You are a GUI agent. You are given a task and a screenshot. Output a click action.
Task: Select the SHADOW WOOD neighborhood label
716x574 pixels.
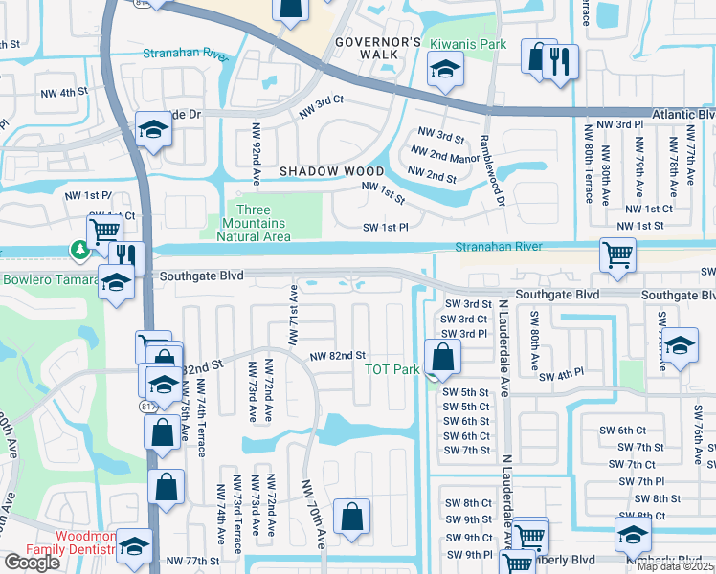(331, 171)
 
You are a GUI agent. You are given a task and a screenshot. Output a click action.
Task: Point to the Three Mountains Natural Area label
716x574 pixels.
(253, 223)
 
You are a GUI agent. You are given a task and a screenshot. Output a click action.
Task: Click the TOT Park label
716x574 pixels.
(392, 369)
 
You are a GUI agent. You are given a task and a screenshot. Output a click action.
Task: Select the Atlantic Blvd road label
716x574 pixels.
(683, 114)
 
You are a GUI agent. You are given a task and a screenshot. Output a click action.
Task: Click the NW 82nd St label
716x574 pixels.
(338, 356)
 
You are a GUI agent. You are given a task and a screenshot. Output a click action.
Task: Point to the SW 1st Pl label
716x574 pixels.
(386, 228)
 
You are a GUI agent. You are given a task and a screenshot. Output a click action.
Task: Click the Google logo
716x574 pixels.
(32, 563)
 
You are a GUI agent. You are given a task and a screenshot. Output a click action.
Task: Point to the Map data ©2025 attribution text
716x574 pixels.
(676, 566)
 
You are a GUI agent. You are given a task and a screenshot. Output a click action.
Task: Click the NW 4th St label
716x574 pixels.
(58, 93)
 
